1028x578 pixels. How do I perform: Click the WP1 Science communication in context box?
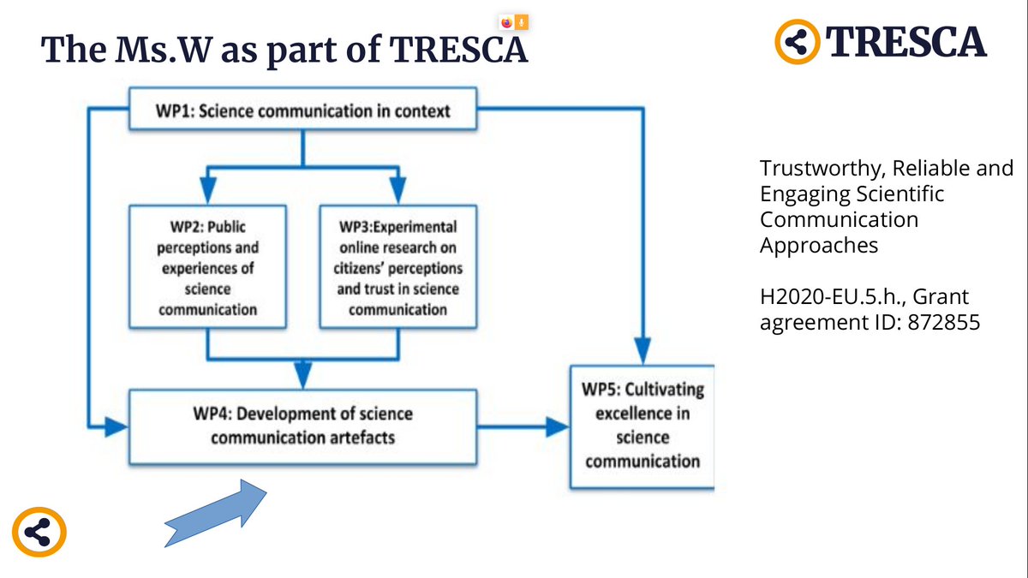click(x=302, y=110)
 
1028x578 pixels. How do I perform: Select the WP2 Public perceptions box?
click(x=207, y=266)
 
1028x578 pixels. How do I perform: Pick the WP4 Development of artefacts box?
click(x=302, y=426)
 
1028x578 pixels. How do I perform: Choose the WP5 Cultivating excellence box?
click(x=642, y=426)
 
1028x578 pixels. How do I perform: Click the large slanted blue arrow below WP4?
click(x=216, y=512)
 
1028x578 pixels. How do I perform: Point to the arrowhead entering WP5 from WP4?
click(x=558, y=426)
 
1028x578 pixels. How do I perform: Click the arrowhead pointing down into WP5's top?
click(x=642, y=351)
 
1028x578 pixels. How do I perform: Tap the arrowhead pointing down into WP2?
click(x=207, y=188)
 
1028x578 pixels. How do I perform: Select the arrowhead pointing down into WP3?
click(x=398, y=188)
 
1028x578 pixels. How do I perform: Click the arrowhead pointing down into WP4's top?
click(x=302, y=376)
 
